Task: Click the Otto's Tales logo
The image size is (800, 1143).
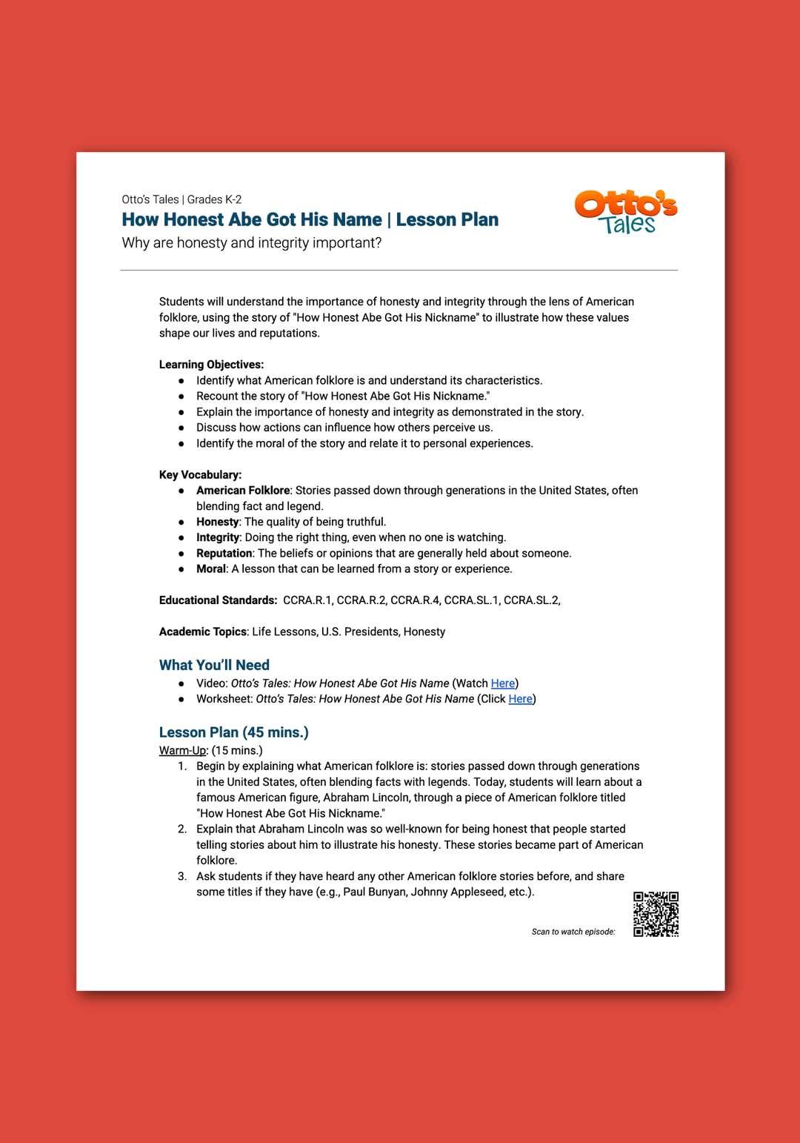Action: tap(626, 212)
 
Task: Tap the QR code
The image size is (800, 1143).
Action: tap(656, 914)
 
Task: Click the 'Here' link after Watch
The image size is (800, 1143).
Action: tap(502, 683)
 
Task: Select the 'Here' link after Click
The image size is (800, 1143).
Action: tap(520, 699)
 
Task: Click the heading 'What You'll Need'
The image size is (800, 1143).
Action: tap(214, 665)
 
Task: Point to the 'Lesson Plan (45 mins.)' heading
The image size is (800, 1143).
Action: tap(233, 732)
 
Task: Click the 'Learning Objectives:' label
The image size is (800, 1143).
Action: tap(211, 365)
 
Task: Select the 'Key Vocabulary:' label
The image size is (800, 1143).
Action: tap(200, 475)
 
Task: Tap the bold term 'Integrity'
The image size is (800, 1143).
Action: tap(218, 537)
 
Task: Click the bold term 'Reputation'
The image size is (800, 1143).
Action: tap(224, 553)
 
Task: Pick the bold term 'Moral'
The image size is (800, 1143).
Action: tap(211, 569)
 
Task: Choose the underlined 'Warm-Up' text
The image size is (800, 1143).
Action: tap(182, 750)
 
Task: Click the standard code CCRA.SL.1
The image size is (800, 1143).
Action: tap(471, 600)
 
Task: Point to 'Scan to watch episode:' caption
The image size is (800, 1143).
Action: tap(573, 932)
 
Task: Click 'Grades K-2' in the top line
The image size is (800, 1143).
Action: tap(214, 199)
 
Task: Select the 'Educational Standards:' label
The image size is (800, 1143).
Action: tap(218, 600)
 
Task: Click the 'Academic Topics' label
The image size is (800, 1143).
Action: tap(202, 632)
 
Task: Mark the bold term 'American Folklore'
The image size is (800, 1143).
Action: tap(243, 491)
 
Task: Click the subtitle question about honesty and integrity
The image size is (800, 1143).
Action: tap(251, 243)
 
